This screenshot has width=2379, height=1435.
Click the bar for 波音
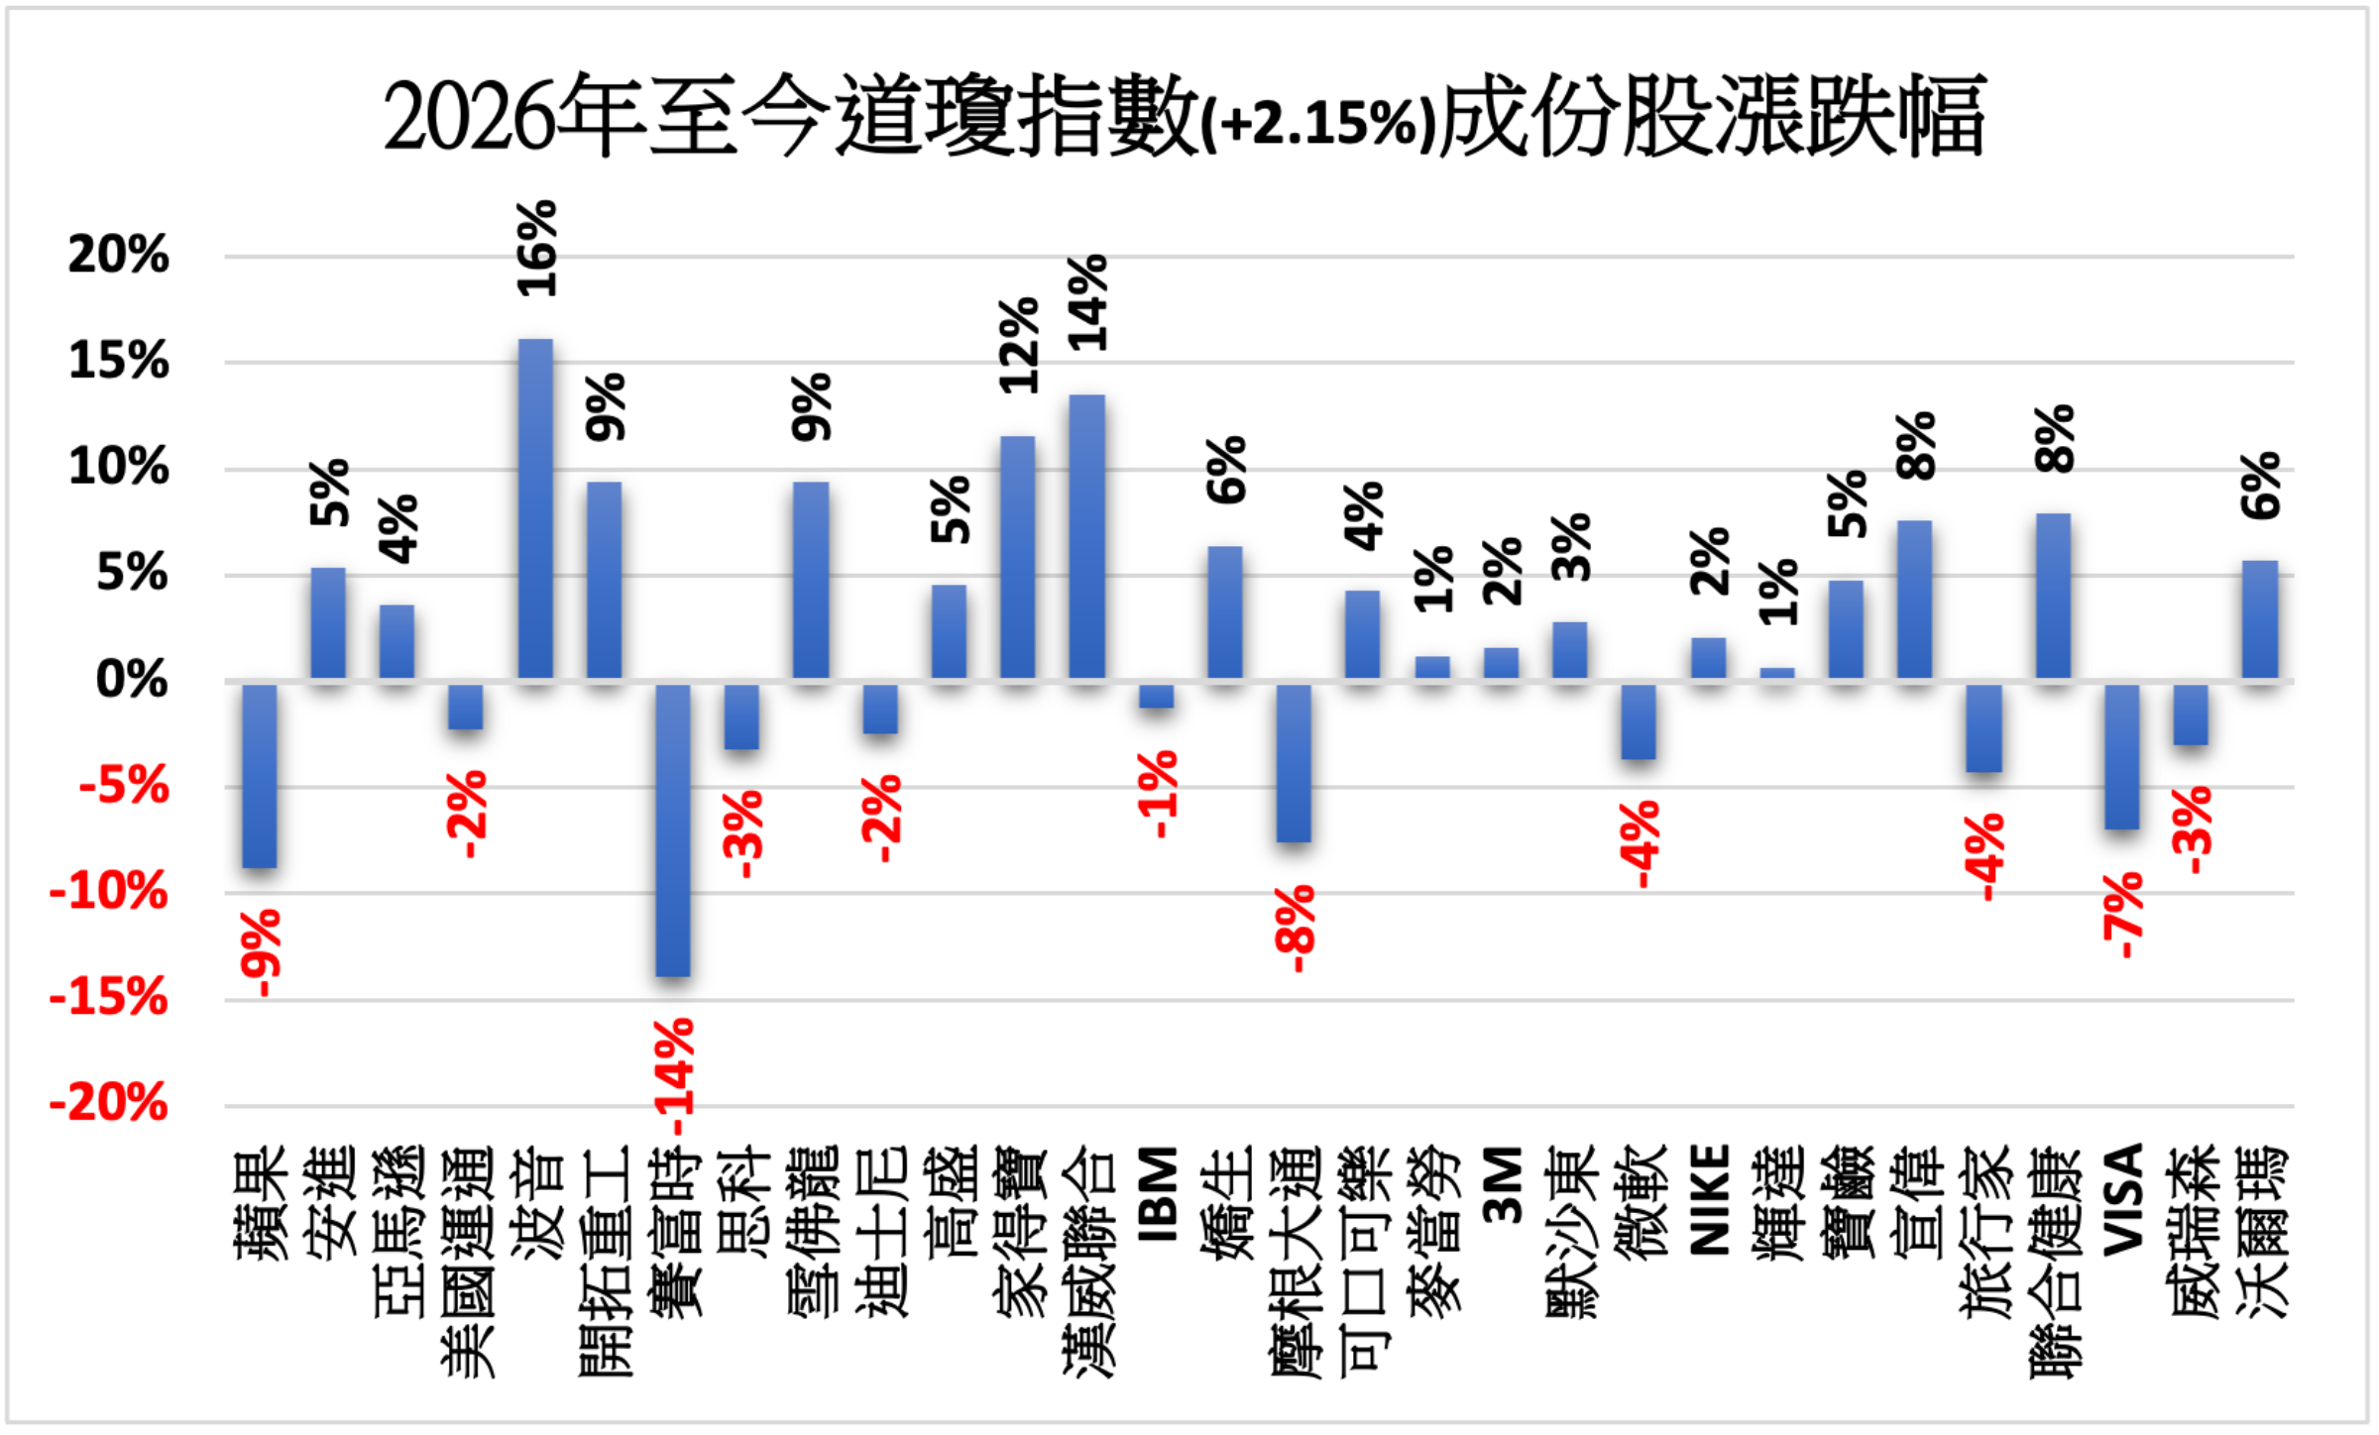535,509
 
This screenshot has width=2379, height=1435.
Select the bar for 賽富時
673,829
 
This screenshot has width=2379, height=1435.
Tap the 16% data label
537,249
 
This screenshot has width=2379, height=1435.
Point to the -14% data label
677,1075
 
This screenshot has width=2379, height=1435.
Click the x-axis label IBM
1157,1194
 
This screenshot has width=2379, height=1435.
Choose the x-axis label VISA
2122,1199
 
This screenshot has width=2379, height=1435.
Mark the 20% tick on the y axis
118,256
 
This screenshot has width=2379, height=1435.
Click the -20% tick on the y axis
109,1104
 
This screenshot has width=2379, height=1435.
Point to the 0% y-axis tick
132,681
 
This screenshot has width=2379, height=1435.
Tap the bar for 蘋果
260,775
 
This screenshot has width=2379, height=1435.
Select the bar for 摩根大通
1294,762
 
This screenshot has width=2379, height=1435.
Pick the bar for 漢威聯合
1086,537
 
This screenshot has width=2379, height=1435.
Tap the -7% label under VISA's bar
2122,915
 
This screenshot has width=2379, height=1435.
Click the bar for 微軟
1639,720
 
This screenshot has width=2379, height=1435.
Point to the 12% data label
1019,345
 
